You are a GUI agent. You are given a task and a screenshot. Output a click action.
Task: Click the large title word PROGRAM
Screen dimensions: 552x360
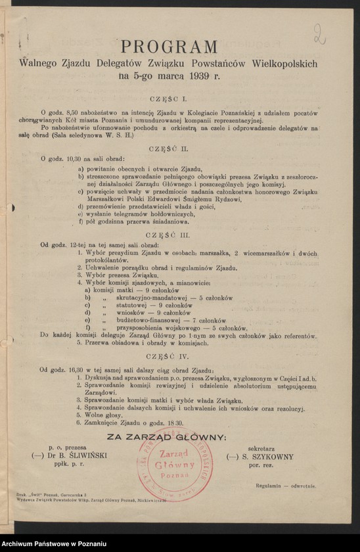[168, 47]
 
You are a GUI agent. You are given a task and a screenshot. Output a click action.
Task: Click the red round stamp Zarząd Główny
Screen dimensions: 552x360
[175, 464]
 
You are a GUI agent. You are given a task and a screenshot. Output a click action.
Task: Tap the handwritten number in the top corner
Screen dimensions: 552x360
[320, 34]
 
